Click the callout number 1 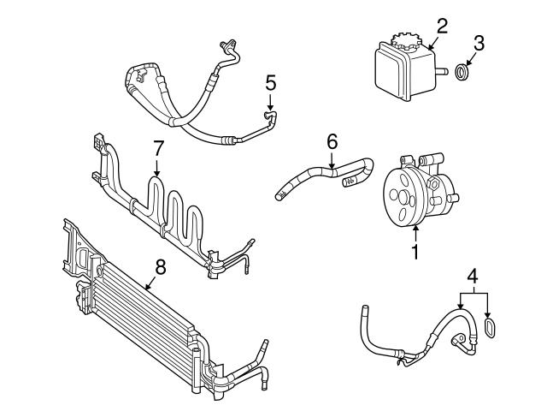415,253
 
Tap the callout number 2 442,27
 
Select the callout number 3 479,41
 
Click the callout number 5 270,83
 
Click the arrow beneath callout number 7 156,171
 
